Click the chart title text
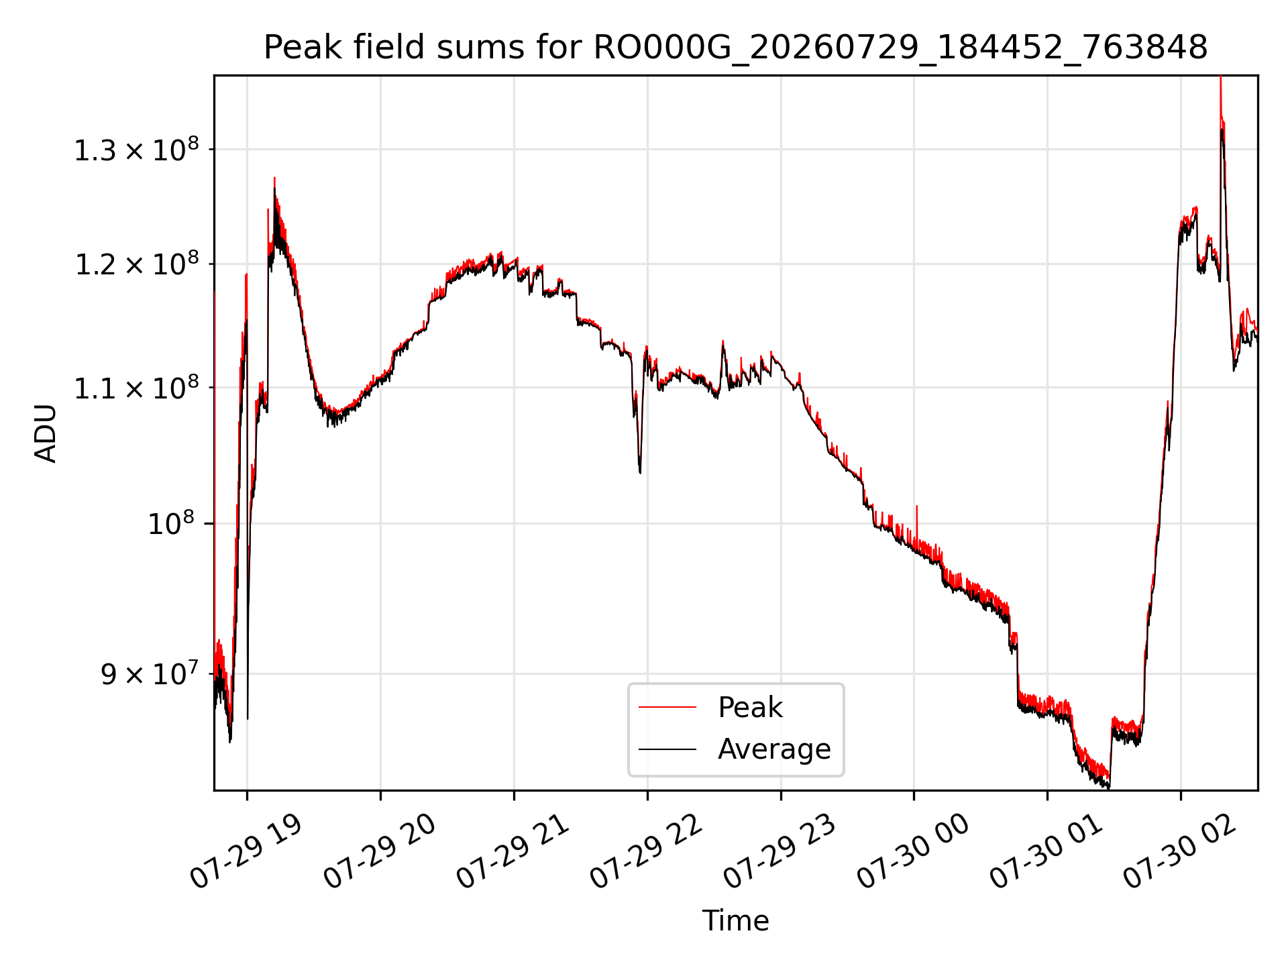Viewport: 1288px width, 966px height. tap(735, 48)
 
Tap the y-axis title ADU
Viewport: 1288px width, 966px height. tap(46, 433)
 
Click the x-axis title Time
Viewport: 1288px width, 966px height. tap(735, 921)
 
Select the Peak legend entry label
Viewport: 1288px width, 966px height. tap(750, 708)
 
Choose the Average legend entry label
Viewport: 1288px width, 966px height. tap(774, 749)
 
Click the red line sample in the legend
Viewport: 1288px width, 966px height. tap(667, 707)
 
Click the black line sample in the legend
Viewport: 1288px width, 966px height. tap(667, 749)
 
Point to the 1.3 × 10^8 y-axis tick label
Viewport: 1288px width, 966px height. tap(137, 150)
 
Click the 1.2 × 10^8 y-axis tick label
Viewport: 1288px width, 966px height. tap(137, 264)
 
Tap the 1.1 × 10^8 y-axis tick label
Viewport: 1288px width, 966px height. tap(137, 388)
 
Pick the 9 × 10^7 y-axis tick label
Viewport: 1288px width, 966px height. tap(150, 674)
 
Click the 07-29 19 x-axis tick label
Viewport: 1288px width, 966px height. tap(246, 851)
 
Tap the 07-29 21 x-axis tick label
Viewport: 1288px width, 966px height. tap(513, 851)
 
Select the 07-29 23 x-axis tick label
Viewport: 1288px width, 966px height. tap(780, 851)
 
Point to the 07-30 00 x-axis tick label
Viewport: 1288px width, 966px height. tap(913, 851)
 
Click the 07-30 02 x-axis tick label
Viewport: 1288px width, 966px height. tap(1180, 851)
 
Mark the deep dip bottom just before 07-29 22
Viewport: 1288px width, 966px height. tap(640, 472)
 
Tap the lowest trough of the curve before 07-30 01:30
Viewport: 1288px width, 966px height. tap(1108, 788)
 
